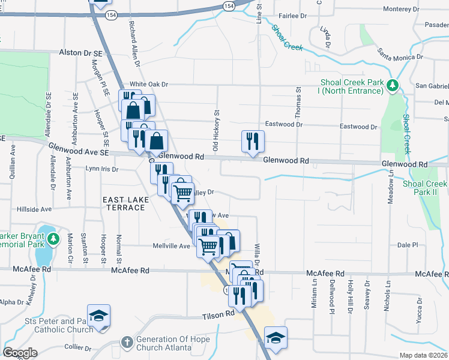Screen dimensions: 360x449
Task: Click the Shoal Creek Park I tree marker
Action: (393, 86)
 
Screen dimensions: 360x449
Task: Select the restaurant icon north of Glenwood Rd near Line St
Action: (253, 140)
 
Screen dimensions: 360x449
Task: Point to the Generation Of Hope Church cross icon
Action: (127, 343)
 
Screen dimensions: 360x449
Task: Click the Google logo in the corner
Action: (19, 353)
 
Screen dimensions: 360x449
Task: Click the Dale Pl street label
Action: (406, 245)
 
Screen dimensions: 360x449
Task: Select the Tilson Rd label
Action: (217, 314)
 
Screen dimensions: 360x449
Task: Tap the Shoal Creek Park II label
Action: (425, 188)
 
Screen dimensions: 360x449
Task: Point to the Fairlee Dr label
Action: (294, 16)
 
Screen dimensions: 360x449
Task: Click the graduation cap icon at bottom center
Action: (276, 337)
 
